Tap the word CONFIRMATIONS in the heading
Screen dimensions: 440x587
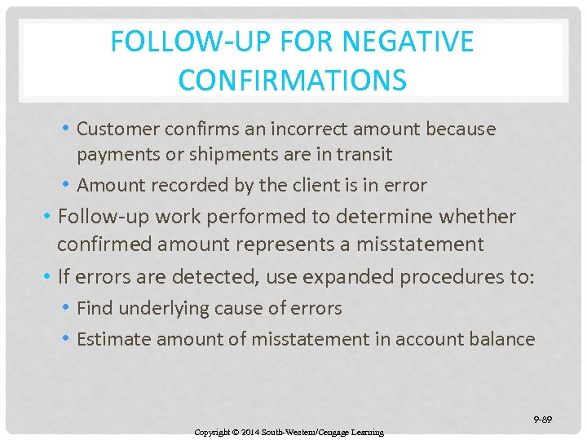[x=292, y=80]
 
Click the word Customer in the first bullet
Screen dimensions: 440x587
[x=117, y=129]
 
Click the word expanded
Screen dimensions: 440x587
[x=349, y=276]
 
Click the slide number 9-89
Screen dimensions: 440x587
[x=543, y=420]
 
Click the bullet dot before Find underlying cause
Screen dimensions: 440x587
[x=65, y=308]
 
